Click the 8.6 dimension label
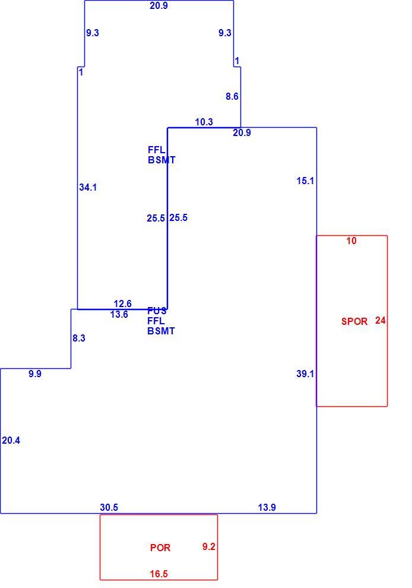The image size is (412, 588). [232, 96]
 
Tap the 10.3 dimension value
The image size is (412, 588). [204, 122]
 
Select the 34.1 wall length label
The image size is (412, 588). [88, 187]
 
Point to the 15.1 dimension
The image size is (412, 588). [305, 181]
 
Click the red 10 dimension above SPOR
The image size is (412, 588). [351, 241]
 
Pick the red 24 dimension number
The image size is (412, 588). [380, 321]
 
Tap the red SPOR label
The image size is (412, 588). [354, 321]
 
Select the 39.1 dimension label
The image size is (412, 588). [305, 374]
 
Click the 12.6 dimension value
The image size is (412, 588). [122, 304]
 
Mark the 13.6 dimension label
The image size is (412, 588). [119, 315]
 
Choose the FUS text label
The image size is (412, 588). [157, 311]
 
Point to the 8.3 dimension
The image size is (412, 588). [79, 339]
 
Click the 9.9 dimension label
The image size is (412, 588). [35, 374]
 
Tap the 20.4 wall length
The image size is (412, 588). [11, 441]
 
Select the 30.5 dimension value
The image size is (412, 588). [109, 507]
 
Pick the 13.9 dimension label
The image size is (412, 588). [267, 507]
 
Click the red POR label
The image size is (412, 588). [160, 548]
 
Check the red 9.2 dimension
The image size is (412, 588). [208, 547]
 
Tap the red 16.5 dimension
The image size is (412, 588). [159, 574]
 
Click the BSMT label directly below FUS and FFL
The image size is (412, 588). [161, 331]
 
